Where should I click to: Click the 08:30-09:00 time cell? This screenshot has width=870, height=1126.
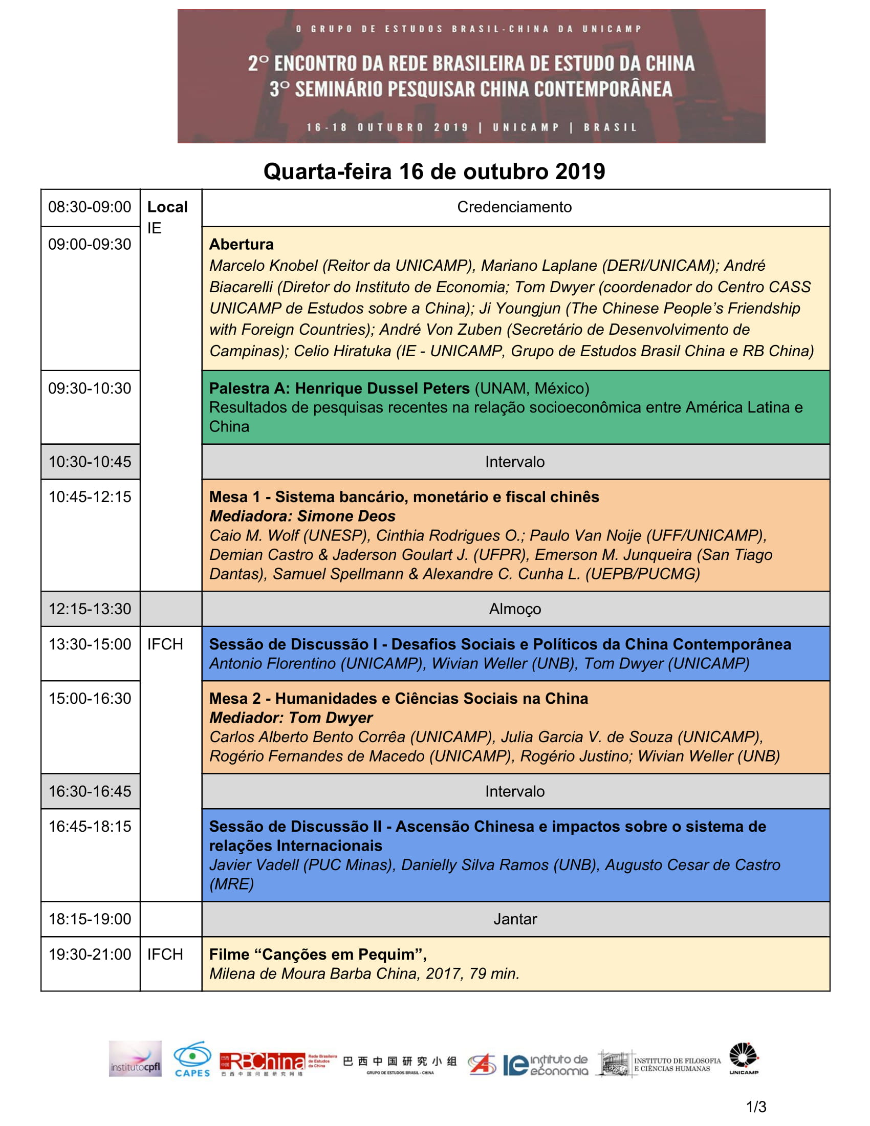tap(90, 207)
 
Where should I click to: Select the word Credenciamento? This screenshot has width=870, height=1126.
tap(514, 207)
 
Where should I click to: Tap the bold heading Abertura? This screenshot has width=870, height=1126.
tap(241, 244)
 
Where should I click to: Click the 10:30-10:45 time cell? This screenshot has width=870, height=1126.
tap(90, 462)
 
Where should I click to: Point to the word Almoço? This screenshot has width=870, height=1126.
tap(515, 610)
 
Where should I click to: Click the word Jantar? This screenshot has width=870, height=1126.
tap(515, 919)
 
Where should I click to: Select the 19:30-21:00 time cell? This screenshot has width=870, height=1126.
tap(90, 955)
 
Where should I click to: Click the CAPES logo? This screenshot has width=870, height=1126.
tap(192, 1060)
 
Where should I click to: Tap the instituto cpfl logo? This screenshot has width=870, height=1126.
tap(135, 1060)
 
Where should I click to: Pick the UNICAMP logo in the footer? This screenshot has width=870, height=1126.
tap(744, 1059)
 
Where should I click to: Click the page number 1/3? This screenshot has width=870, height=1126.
tap(756, 1107)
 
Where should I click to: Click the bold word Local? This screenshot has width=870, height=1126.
tap(167, 207)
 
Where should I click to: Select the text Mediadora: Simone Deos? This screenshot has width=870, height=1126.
tap(302, 516)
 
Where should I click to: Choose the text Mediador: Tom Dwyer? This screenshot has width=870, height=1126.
tap(291, 718)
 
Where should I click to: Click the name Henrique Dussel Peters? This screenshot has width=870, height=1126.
tap(382, 388)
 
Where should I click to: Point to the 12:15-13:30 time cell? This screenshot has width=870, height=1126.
tap(90, 610)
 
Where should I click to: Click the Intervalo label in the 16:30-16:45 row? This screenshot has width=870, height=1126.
tap(515, 791)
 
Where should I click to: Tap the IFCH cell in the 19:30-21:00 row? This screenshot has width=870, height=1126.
tap(165, 955)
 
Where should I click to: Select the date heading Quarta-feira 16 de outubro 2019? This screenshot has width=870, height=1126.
tap(434, 171)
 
